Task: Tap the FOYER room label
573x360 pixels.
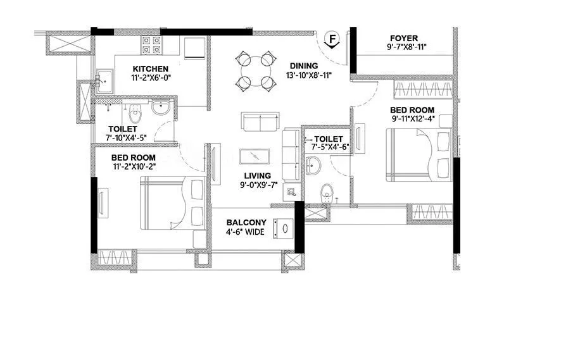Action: pyautogui.click(x=403, y=39)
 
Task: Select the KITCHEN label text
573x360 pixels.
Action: pyautogui.click(x=150, y=69)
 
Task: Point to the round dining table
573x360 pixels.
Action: pyautogui.click(x=256, y=70)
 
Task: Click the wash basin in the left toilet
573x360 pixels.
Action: pyautogui.click(x=161, y=108)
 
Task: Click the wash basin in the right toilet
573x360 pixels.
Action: pyautogui.click(x=313, y=167)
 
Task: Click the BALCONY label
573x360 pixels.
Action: pyautogui.click(x=247, y=223)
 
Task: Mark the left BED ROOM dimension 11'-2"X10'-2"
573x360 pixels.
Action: pyautogui.click(x=133, y=167)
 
